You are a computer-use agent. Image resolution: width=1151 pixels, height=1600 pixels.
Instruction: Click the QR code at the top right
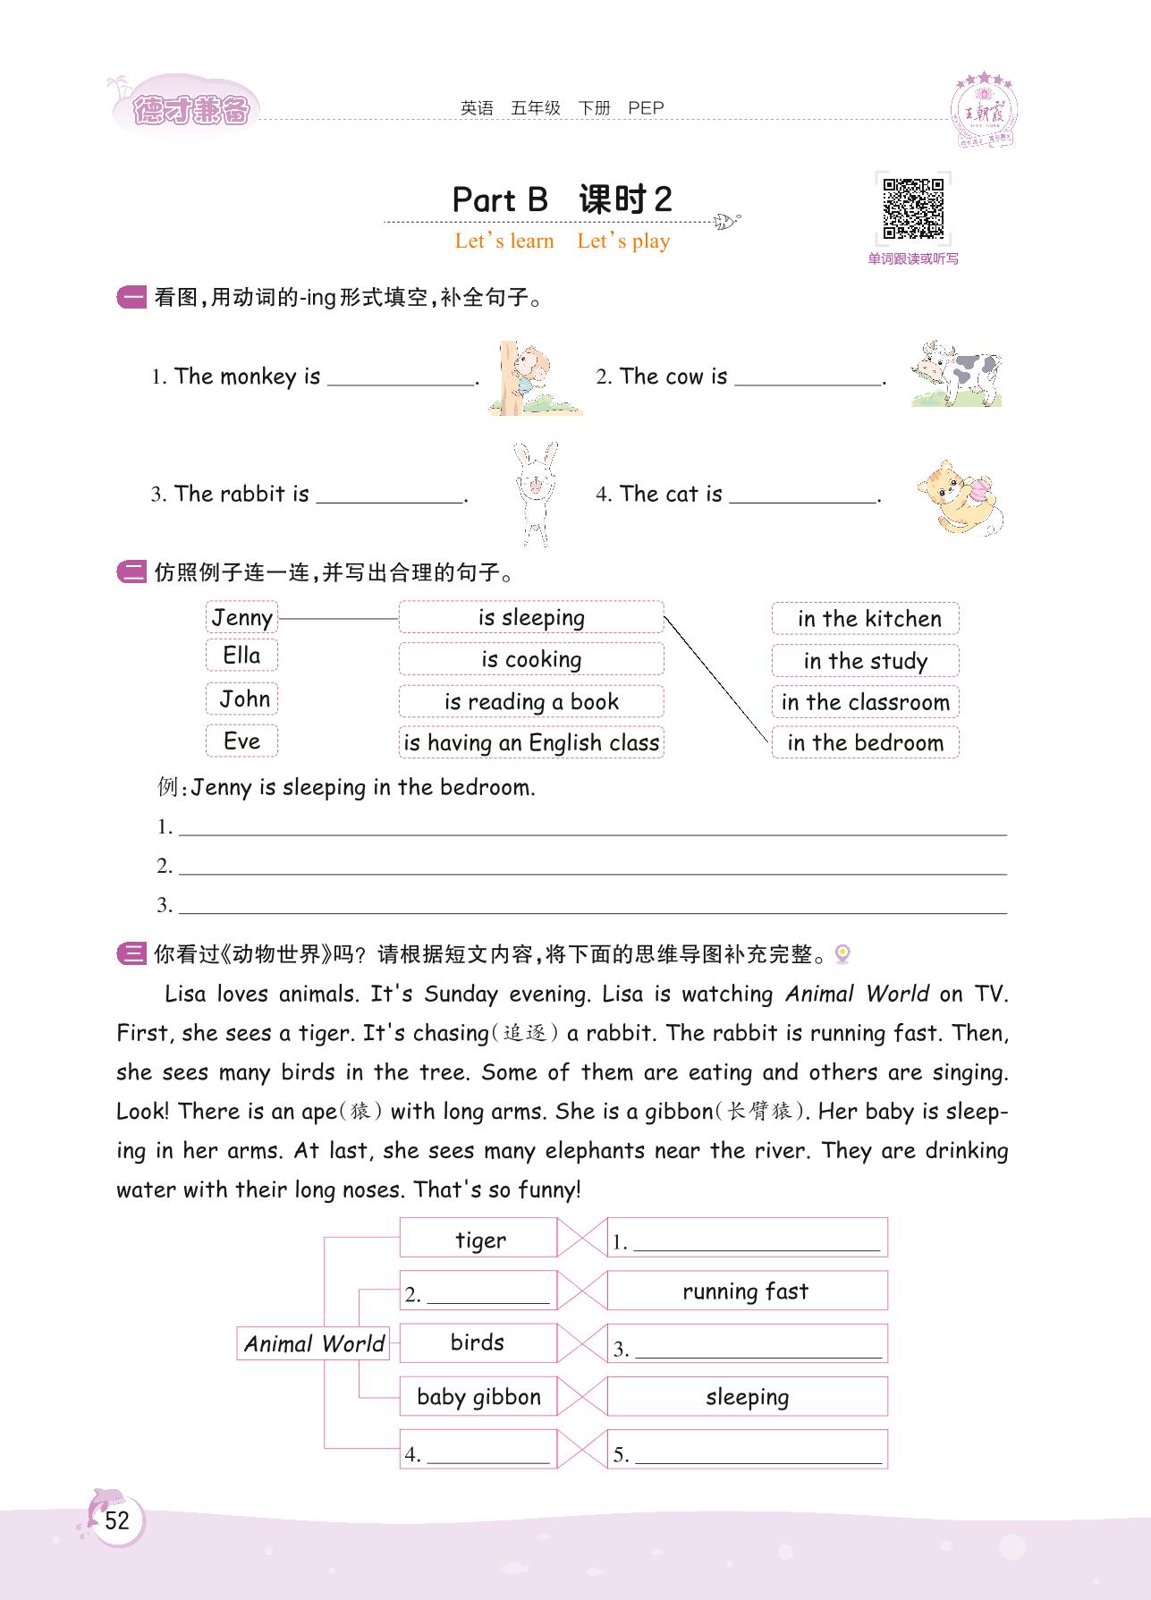[x=913, y=208]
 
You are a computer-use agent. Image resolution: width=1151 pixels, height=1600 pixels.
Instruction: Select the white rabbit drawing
[x=536, y=494]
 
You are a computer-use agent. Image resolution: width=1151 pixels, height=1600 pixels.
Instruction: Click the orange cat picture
[x=960, y=497]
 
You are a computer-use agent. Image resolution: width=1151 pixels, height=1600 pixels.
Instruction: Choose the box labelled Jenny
[x=241, y=618]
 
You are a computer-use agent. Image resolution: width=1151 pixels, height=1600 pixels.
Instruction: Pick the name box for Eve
[x=241, y=741]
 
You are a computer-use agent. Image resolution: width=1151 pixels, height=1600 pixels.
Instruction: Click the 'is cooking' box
[x=531, y=659]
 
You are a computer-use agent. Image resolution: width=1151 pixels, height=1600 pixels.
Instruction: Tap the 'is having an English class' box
[x=531, y=742]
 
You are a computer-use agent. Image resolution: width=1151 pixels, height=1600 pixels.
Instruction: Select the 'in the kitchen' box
[x=866, y=619]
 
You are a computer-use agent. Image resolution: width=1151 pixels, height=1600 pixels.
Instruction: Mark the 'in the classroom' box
[x=866, y=702]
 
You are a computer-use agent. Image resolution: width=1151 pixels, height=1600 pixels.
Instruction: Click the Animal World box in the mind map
[x=313, y=1343]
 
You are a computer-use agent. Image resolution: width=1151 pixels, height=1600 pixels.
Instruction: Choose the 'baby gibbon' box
[x=478, y=1397]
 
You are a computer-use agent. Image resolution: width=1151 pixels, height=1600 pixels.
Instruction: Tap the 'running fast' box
[x=747, y=1291]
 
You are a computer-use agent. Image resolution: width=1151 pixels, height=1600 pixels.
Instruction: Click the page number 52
[x=117, y=1520]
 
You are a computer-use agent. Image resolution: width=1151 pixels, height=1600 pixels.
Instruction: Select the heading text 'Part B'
[x=500, y=199]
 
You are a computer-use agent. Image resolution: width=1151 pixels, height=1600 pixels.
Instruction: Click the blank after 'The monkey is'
[x=401, y=378]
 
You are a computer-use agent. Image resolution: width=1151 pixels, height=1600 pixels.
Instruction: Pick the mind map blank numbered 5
[x=757, y=1455]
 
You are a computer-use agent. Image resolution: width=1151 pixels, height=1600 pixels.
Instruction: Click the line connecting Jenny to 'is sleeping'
[x=338, y=618]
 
